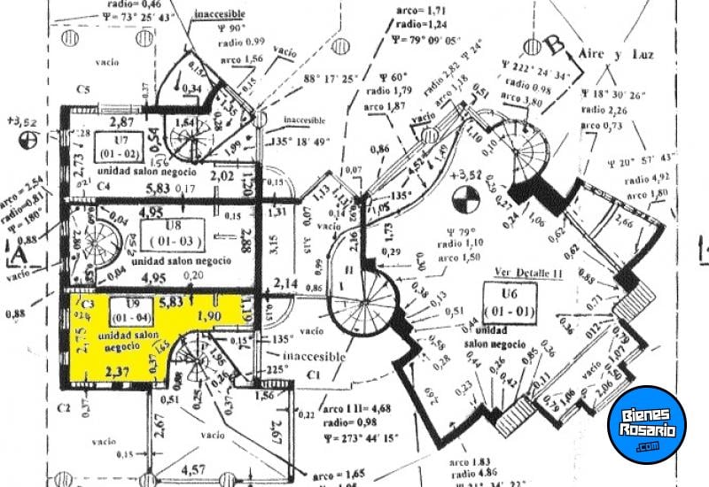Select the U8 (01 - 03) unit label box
point(173,233)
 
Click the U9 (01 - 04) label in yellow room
point(129,313)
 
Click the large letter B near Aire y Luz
point(556,43)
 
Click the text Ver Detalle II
point(530,274)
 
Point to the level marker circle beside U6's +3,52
point(461,202)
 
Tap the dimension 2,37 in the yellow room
point(115,372)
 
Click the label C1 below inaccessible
point(313,375)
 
